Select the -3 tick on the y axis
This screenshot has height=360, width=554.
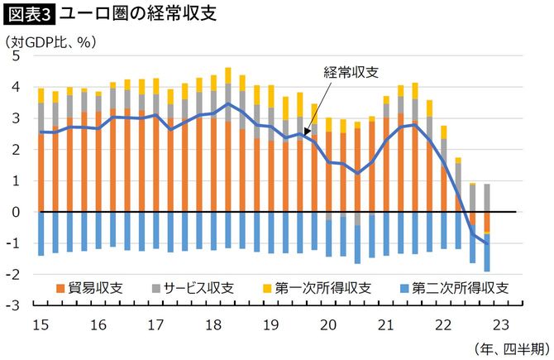click(12, 305)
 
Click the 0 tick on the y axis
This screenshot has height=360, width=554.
click(14, 212)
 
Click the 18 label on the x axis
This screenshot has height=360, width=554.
click(212, 324)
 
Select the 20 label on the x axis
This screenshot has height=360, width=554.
click(328, 324)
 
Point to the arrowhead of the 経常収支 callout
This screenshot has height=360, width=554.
click(306, 132)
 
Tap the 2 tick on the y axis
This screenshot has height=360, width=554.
click(14, 150)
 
